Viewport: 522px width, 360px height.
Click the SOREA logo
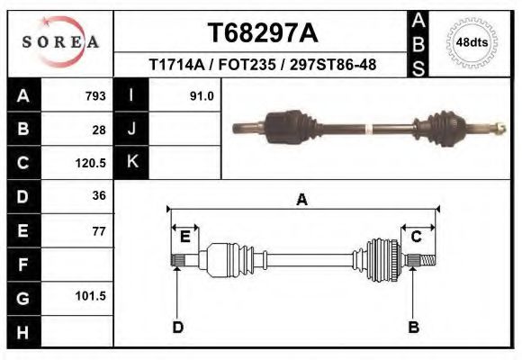[x=60, y=43]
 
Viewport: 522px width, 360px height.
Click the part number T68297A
[x=262, y=33]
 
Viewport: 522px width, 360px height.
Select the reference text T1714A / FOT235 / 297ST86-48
[x=262, y=65]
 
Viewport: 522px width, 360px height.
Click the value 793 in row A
[x=94, y=95]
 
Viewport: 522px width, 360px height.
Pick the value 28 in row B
[x=99, y=129]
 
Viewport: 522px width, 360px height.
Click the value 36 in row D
[x=99, y=195]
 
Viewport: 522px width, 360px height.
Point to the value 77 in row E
[x=99, y=231]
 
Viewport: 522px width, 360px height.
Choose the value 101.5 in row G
[x=91, y=296]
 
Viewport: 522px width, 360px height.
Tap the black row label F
[x=22, y=265]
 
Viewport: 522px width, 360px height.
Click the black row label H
[x=22, y=331]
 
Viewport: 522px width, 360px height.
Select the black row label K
[x=131, y=162]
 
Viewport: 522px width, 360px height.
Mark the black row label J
[x=131, y=129]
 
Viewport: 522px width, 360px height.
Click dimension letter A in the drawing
[x=302, y=200]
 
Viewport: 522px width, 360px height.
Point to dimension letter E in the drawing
[x=184, y=237]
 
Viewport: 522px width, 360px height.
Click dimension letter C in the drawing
[x=417, y=237]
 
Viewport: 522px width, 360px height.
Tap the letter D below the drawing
[x=178, y=327]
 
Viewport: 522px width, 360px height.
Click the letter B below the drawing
[x=414, y=327]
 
